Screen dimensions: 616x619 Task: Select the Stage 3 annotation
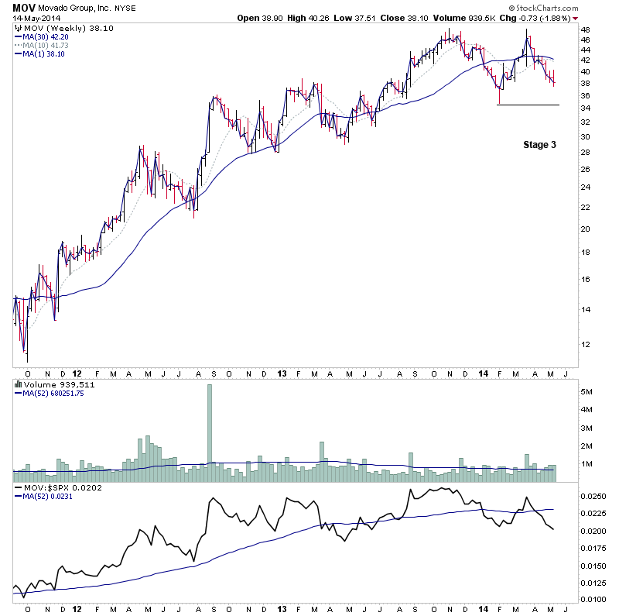click(539, 144)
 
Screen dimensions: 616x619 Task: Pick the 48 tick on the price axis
click(586, 29)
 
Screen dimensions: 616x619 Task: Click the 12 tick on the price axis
click(586, 344)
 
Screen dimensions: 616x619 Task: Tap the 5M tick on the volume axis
click(587, 392)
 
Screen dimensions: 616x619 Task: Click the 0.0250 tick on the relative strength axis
click(592, 495)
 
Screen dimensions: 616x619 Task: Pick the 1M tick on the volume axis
click(587, 463)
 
